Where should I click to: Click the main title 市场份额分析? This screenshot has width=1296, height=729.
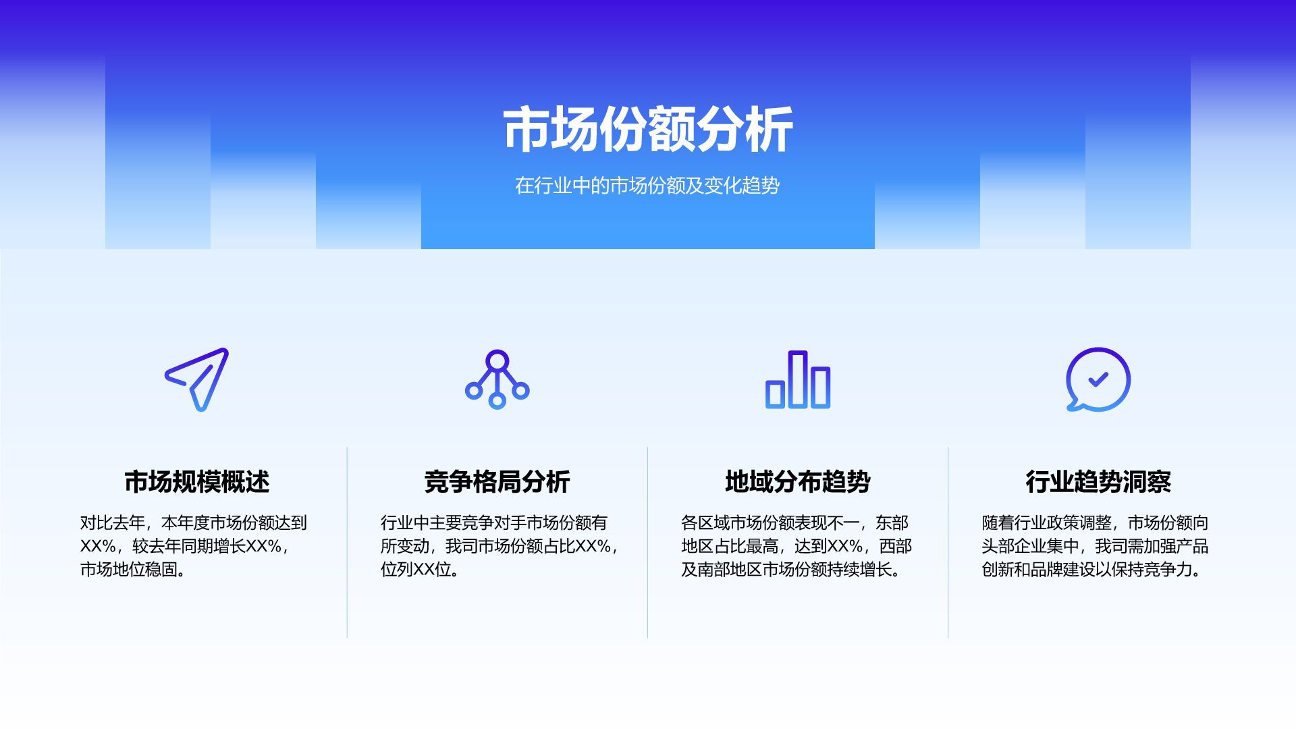(x=647, y=130)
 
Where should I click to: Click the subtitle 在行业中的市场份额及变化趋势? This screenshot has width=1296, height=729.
(x=647, y=186)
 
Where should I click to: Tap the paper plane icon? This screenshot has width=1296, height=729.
(x=197, y=379)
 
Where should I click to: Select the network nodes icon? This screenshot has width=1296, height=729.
(x=497, y=379)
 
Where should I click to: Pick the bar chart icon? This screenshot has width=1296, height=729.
(x=798, y=379)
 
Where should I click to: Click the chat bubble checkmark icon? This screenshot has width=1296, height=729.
(x=1098, y=379)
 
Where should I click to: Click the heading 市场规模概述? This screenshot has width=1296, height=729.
(x=197, y=481)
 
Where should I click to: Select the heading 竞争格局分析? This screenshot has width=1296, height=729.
(x=497, y=481)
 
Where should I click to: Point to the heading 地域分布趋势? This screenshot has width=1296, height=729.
(x=798, y=481)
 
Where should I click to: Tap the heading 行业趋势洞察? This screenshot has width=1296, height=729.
(x=1098, y=481)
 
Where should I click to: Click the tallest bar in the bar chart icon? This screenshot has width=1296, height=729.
(x=798, y=379)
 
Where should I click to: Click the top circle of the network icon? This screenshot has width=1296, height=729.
(x=497, y=360)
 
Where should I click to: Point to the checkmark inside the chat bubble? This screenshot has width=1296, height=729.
(x=1098, y=379)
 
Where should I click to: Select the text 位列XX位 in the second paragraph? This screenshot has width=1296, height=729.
(x=416, y=570)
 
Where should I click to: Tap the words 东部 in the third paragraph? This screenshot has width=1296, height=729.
(x=892, y=523)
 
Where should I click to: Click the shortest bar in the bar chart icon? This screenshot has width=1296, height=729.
(x=775, y=394)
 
